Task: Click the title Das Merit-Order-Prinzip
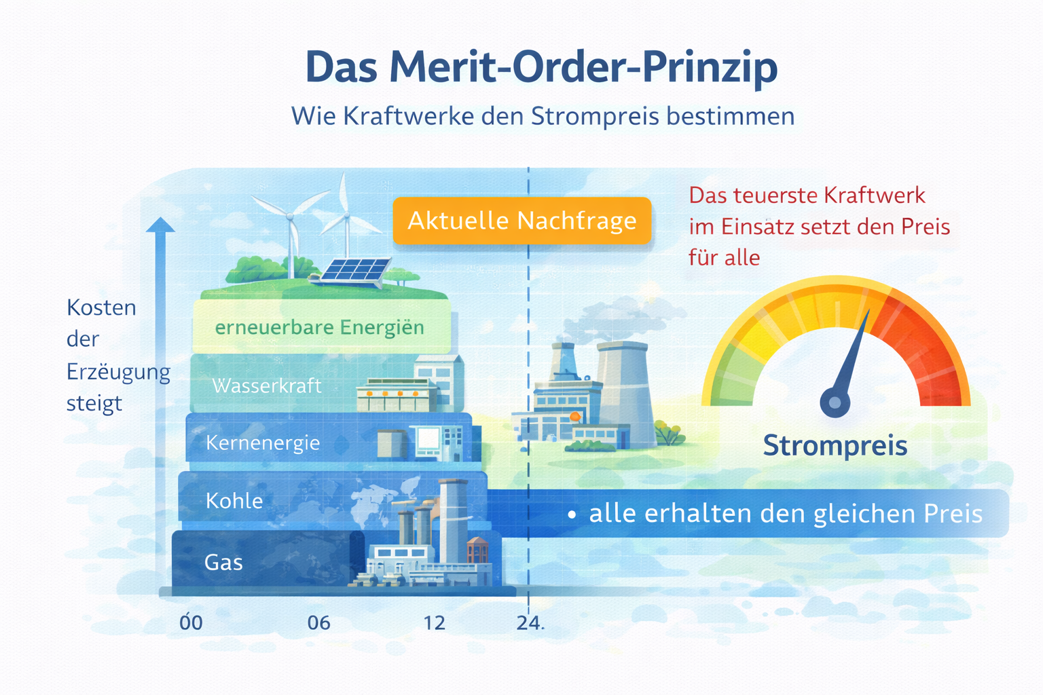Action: [541, 67]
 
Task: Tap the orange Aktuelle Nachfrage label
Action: [521, 221]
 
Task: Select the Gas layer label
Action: [223, 563]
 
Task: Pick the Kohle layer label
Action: [234, 501]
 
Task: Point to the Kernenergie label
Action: [263, 443]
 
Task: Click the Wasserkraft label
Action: [267, 386]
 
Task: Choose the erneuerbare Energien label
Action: [319, 328]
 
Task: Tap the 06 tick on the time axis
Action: [318, 623]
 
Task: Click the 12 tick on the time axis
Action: [434, 623]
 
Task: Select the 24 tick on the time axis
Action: [528, 623]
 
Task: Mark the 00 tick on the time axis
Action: [191, 623]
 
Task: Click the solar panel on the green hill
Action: [354, 270]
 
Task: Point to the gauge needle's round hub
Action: [835, 402]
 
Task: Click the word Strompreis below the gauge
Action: [835, 446]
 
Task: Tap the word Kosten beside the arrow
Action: [101, 308]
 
